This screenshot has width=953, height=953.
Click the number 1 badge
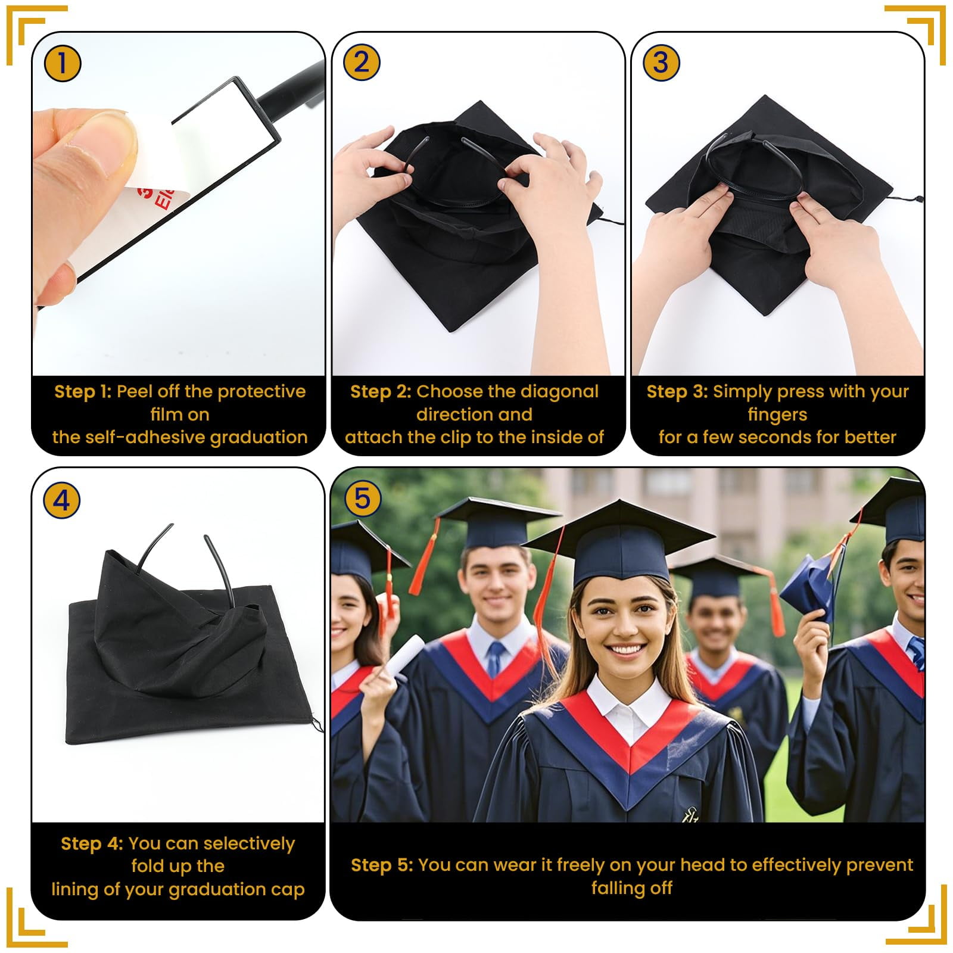click(x=62, y=63)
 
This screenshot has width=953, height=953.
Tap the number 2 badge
click(x=362, y=63)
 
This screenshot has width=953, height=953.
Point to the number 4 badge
click(x=62, y=500)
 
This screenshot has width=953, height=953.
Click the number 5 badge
click(x=362, y=498)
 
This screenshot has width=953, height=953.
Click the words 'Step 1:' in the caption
click(x=83, y=391)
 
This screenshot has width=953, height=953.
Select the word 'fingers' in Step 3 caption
click(x=777, y=414)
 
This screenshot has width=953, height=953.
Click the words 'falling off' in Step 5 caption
click(x=631, y=888)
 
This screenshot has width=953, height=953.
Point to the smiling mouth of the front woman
click(x=625, y=650)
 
